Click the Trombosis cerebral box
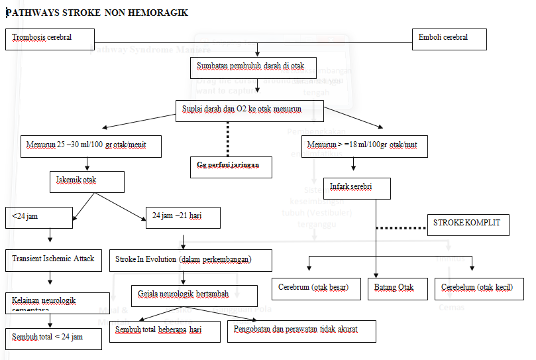[50, 39]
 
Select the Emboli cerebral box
[449, 39]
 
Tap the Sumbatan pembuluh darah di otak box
[253, 67]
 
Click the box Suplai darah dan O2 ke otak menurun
[249, 110]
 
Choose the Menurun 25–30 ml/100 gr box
[91, 146]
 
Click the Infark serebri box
[357, 188]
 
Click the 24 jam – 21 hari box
[182, 217]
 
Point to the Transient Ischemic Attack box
[53, 259]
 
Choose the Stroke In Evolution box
[190, 260]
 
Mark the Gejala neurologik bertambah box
[194, 295]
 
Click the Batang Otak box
[395, 289]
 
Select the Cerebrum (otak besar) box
[316, 289]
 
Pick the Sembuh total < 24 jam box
[53, 338]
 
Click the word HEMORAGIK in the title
[158, 13]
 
